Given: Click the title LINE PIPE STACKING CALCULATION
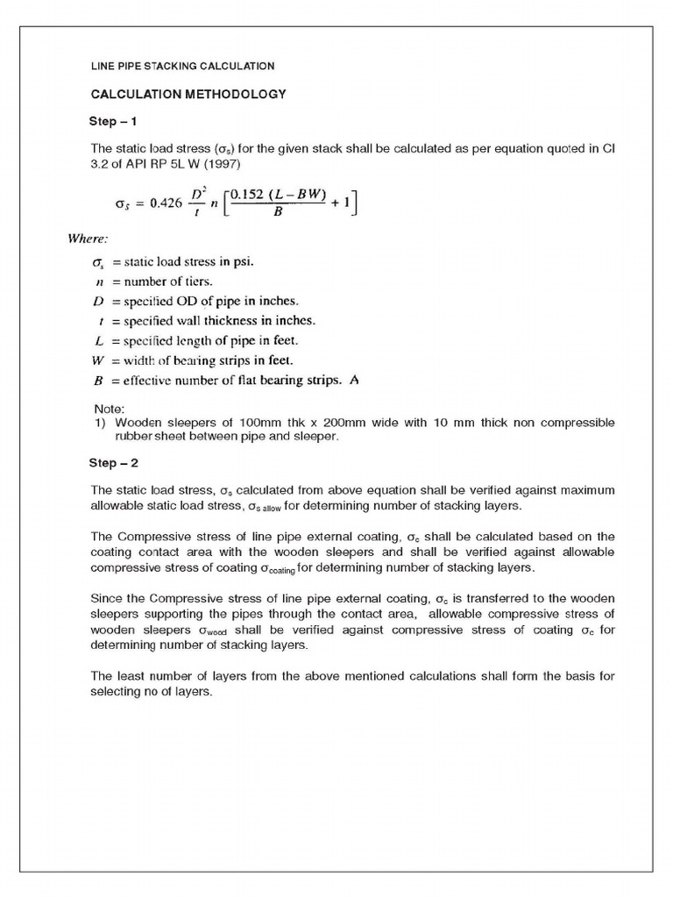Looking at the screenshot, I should [x=183, y=66].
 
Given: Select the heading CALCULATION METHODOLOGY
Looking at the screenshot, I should [x=189, y=93].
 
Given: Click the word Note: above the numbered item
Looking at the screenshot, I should [x=110, y=409].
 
